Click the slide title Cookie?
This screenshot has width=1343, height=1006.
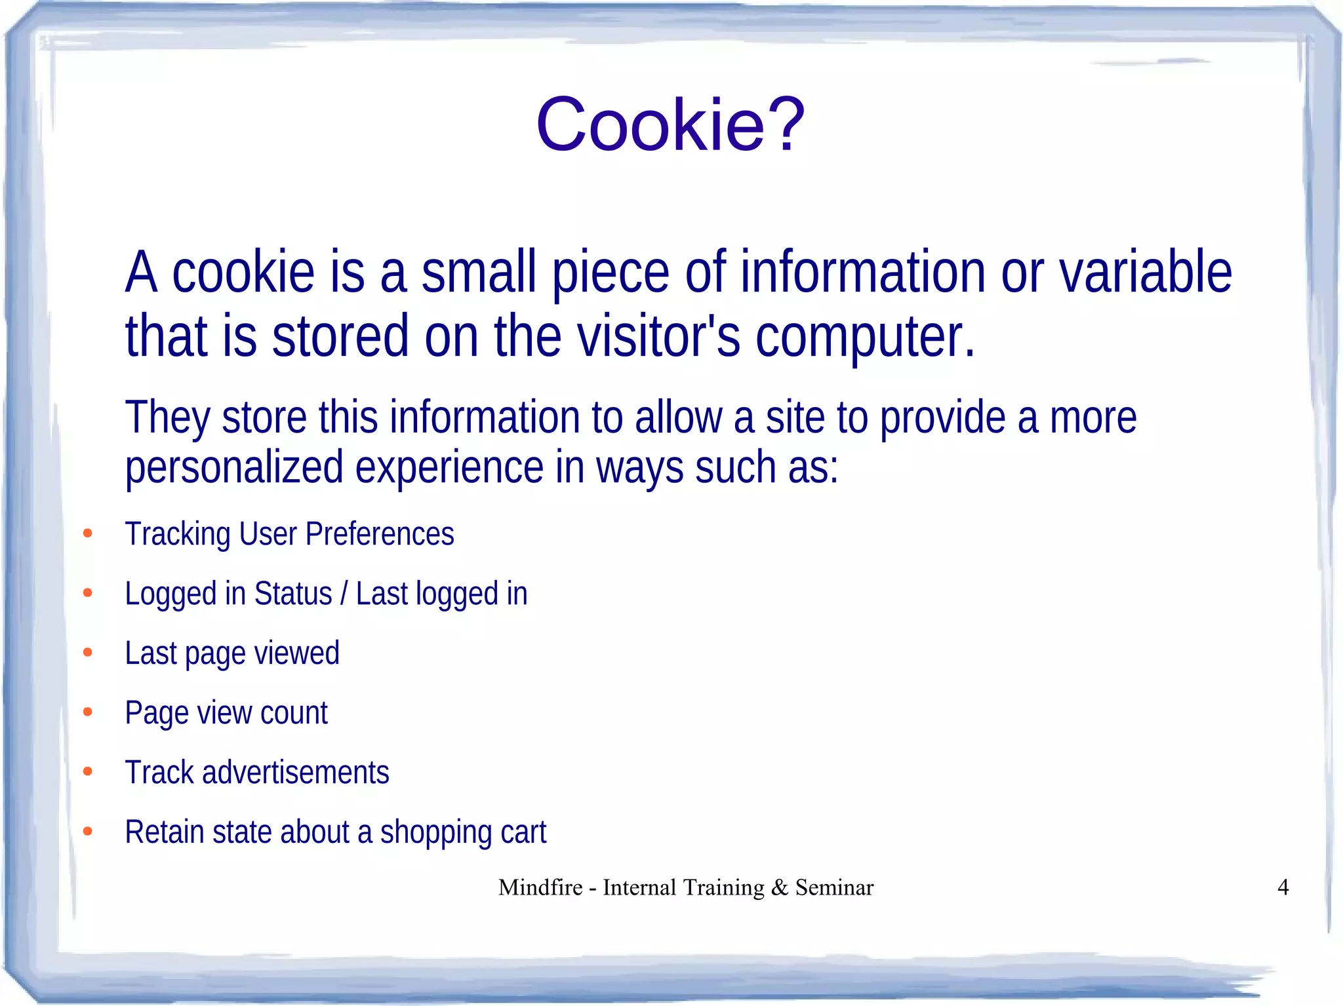pos(670,125)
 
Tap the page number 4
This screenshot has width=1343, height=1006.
pos(1283,887)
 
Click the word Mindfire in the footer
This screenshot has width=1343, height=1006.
pos(540,887)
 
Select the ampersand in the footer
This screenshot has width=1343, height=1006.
pos(780,887)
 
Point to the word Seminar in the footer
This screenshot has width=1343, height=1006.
pos(834,887)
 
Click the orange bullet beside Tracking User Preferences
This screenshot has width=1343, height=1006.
pos(88,533)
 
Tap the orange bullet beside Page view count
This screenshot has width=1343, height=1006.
pos(88,712)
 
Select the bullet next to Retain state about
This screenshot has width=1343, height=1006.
pos(88,832)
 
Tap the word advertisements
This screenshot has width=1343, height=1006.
pos(296,773)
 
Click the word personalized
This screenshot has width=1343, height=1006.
pos(234,468)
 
